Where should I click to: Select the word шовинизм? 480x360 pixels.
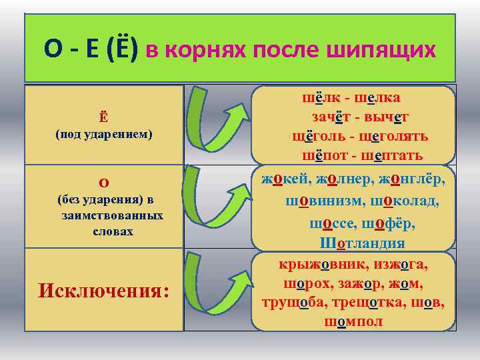pyautogui.click(x=325, y=201)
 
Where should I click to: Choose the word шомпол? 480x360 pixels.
pyautogui.click(x=353, y=322)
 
